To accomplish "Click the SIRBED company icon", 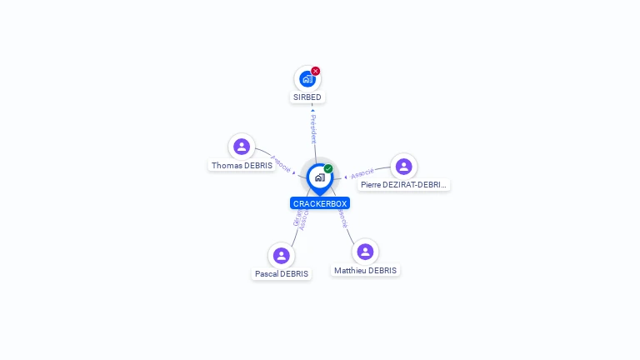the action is coord(307,79).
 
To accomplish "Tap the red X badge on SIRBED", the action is coord(316,71).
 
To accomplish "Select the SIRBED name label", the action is coord(307,97).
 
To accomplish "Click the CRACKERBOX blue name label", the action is coord(320,203).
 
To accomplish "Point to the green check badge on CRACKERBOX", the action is coord(328,169).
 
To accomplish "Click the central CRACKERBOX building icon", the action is coord(319,177).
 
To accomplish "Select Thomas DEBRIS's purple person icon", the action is coord(242,147).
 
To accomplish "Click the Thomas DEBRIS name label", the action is coord(242,166).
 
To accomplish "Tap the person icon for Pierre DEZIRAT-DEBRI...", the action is coord(404,166).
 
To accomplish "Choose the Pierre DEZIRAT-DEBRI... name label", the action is coord(404,185).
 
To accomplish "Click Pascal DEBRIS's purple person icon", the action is coord(282,255).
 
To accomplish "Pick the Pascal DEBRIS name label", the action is coord(282,274).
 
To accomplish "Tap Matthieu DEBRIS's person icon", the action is coord(365,252).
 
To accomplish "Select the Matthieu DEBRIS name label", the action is coord(365,271).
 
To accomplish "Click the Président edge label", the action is coord(313,129).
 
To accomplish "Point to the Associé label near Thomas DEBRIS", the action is coord(281,164).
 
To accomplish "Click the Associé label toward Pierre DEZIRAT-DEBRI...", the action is coord(362,173).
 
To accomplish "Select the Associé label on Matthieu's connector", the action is coord(342,218).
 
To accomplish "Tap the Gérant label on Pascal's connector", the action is coord(297,217).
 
